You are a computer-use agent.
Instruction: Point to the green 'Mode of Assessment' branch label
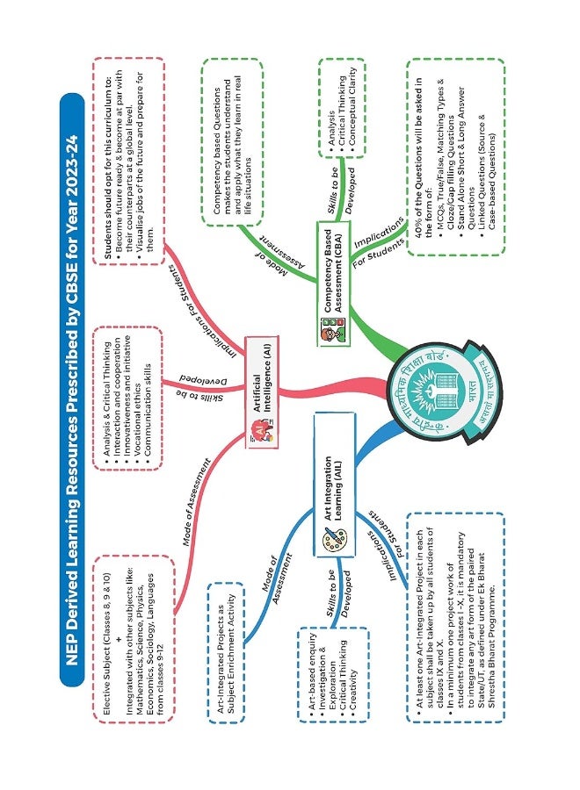tap(274, 253)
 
